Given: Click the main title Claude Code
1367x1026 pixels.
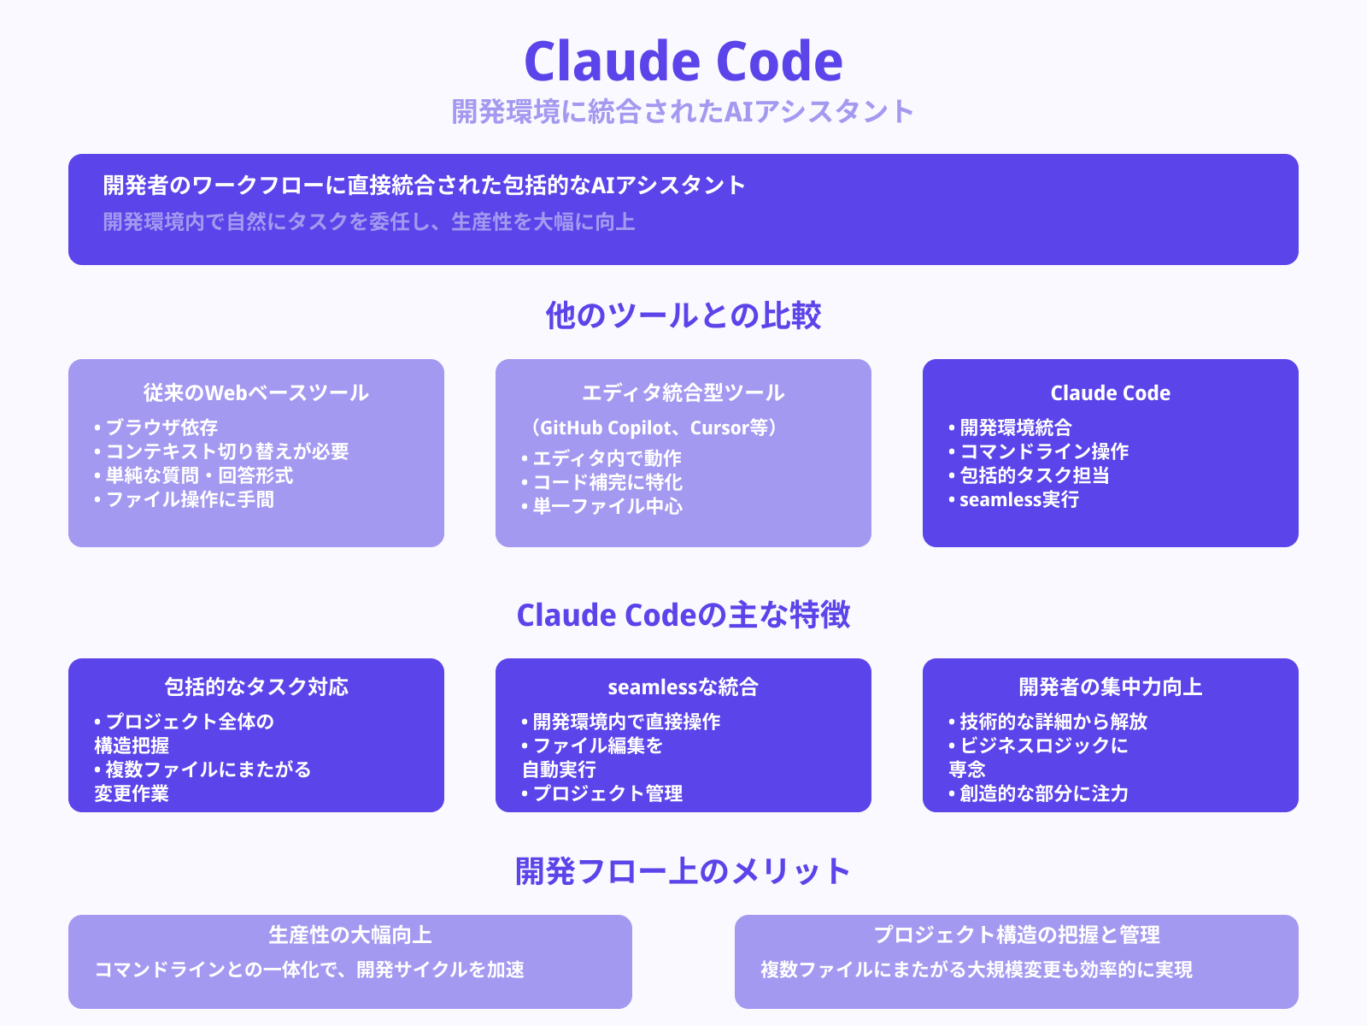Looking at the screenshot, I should pyautogui.click(x=683, y=62).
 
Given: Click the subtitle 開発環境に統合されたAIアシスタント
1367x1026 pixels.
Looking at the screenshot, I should pyautogui.click(x=683, y=111).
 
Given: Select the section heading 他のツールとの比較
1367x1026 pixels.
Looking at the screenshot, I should pyautogui.click(x=683, y=315).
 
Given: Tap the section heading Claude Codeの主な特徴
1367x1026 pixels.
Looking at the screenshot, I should pyautogui.click(x=683, y=615).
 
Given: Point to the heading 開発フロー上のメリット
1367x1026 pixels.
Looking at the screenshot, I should pyautogui.click(x=683, y=871).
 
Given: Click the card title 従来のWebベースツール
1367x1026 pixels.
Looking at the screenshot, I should pyautogui.click(x=256, y=393).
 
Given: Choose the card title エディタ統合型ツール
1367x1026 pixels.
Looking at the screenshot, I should pyautogui.click(x=683, y=393).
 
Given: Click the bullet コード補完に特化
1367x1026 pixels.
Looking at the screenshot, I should pyautogui.click(x=607, y=482).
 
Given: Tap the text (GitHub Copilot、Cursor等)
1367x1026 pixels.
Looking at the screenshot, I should pyautogui.click(x=654, y=427).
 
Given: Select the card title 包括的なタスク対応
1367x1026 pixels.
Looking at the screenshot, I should pyautogui.click(x=256, y=687).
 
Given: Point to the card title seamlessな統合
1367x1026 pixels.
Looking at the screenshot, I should pyautogui.click(x=683, y=687).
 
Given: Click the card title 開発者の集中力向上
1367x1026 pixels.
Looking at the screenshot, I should pyautogui.click(x=1111, y=687).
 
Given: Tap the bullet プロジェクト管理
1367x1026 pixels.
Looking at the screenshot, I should pyautogui.click(x=607, y=793).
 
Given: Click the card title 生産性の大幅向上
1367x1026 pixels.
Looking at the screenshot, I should pyautogui.click(x=350, y=935).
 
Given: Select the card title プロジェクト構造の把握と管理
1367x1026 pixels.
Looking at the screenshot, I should pyautogui.click(x=1017, y=935).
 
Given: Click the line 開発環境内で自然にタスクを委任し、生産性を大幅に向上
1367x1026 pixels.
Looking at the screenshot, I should pyautogui.click(x=369, y=222).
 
